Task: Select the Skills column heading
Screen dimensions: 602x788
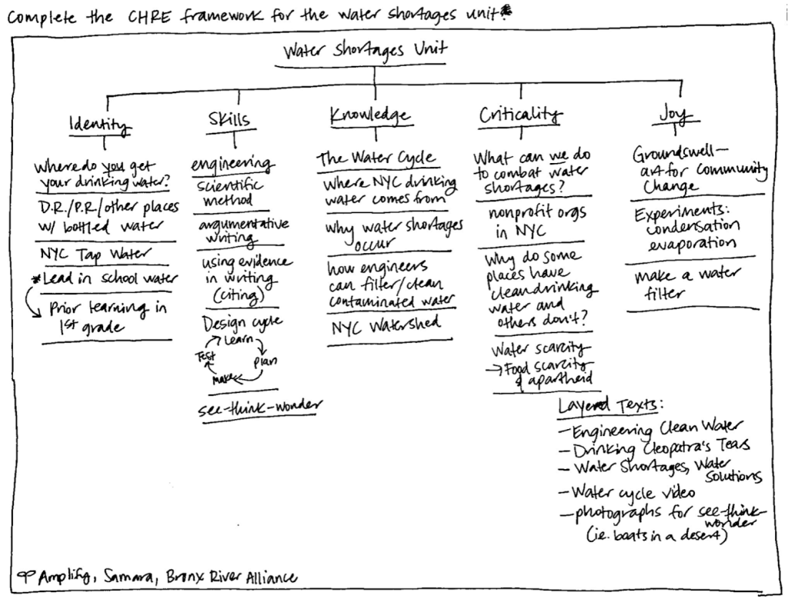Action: tap(229, 119)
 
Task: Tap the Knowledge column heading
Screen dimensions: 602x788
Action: tap(369, 115)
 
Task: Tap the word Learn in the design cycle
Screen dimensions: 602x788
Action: tap(239, 338)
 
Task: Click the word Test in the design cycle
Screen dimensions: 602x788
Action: tap(205, 357)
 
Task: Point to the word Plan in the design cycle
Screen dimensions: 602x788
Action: tap(265, 361)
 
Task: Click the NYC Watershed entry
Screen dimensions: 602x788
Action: tap(386, 325)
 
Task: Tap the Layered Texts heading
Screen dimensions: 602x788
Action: tap(610, 406)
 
